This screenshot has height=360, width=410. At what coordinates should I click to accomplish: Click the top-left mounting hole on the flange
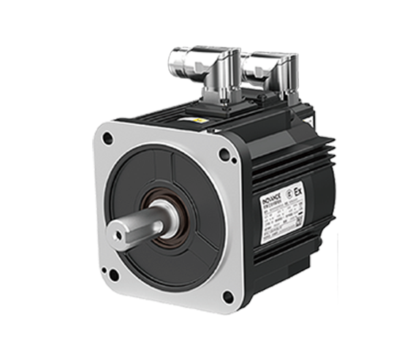[x=107, y=137]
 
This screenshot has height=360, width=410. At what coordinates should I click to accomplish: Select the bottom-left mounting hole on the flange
[x=113, y=275]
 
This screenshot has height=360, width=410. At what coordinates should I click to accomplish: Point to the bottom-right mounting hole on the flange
[x=227, y=296]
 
